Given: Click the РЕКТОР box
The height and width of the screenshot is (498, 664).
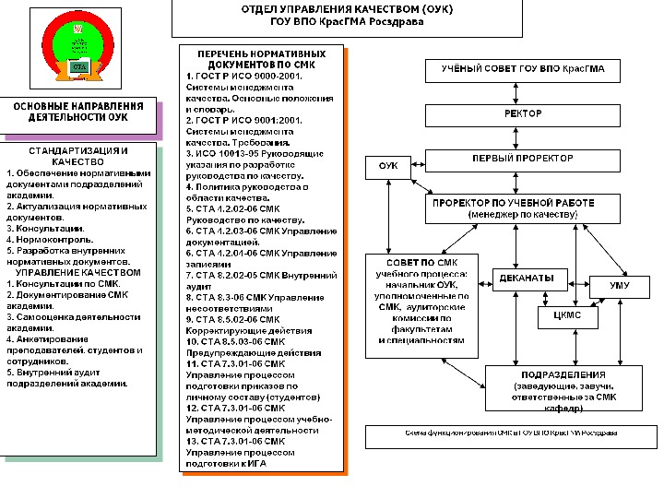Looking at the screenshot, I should [x=523, y=114].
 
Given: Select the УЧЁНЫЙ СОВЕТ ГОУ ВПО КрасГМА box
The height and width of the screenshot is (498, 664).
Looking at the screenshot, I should [x=523, y=71].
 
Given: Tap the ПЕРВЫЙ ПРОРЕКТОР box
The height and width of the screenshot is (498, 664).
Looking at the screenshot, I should [x=523, y=159].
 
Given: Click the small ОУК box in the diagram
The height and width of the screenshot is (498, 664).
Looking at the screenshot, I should [x=388, y=167].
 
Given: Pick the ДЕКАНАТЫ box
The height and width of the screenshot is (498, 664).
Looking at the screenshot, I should [x=528, y=278].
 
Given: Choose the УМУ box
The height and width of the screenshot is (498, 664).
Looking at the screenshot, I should [x=620, y=287].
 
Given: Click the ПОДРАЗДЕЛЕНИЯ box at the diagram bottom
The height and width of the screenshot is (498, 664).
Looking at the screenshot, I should [x=563, y=387].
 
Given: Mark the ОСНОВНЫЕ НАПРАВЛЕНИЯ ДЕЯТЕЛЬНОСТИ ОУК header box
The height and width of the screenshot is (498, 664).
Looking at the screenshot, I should [x=77, y=113].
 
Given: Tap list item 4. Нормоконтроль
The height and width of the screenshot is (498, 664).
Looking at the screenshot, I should [x=46, y=238].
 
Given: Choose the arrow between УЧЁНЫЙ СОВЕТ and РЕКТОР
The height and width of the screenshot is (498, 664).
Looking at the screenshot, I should [x=523, y=92].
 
